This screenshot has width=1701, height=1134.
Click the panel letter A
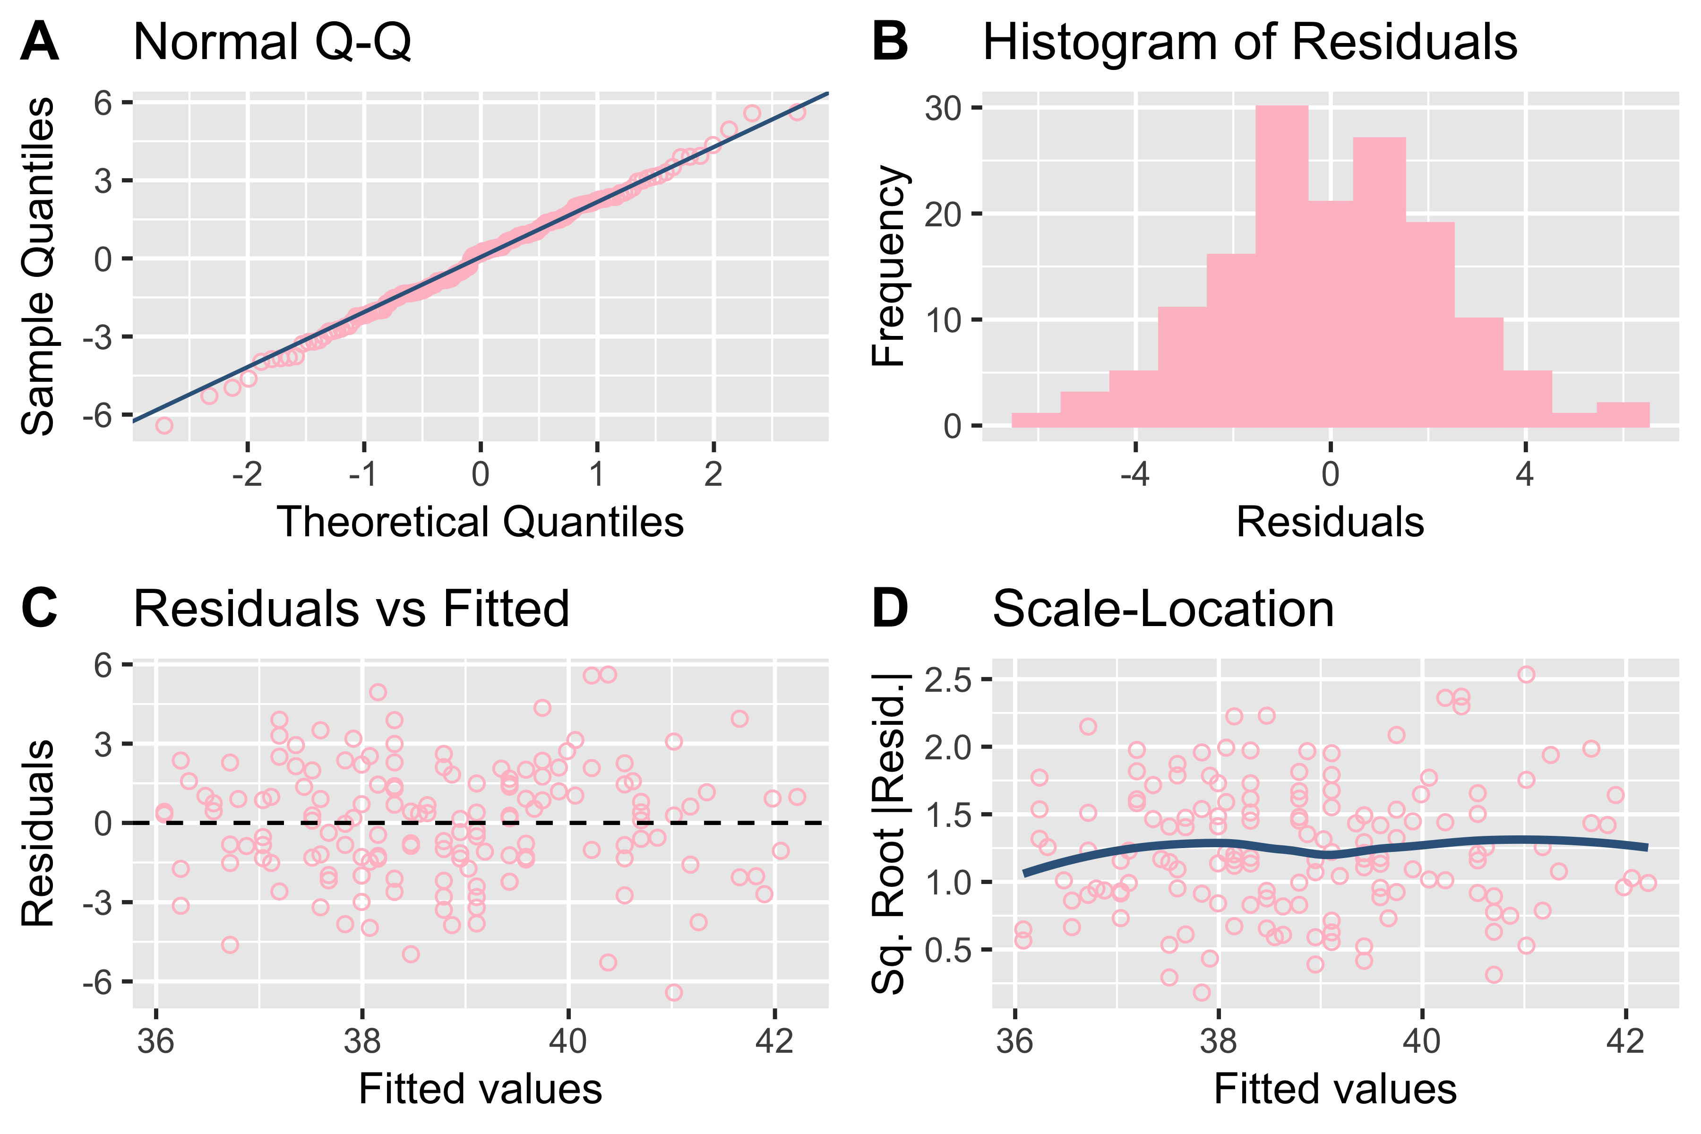click(40, 42)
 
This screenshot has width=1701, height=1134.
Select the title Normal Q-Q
click(272, 43)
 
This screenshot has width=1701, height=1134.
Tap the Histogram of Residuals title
click(1250, 43)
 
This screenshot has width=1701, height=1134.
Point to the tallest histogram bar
click(1281, 266)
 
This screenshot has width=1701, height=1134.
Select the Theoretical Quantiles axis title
click(480, 522)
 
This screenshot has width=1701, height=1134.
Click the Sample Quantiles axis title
click(38, 266)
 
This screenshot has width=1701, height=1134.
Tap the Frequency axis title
click(889, 266)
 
